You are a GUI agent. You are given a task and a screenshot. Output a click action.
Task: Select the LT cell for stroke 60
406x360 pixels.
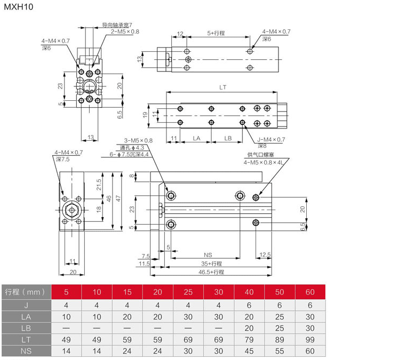coord(310,338)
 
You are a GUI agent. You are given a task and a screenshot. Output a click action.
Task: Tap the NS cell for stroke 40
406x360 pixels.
coord(249,351)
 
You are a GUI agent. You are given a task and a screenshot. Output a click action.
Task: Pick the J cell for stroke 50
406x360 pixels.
coord(280,306)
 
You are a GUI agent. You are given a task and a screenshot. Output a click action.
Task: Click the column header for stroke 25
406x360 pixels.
coord(188,292)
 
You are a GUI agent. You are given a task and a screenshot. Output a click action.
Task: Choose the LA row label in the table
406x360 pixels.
coord(26,316)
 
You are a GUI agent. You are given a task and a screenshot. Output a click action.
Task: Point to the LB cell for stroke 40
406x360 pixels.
coord(249,327)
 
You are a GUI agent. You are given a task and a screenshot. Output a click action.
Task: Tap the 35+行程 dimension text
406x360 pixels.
coord(212,263)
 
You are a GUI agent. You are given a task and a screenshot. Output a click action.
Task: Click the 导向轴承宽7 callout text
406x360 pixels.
coord(117,25)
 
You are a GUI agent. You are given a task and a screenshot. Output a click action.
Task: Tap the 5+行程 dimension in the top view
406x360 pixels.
coord(216,33)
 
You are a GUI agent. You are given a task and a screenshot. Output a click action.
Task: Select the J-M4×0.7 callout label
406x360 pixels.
coord(272,139)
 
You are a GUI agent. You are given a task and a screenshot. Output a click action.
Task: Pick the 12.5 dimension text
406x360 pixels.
coord(265,254)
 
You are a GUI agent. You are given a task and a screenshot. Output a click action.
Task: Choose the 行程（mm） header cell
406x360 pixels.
coord(26,292)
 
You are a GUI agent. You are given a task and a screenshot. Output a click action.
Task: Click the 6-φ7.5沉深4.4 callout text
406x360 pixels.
coord(130,155)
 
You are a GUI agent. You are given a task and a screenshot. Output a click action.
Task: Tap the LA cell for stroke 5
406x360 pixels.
coord(66,316)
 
